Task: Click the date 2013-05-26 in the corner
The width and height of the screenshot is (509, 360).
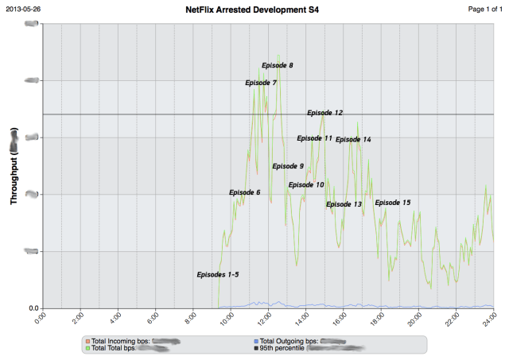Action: point(23,9)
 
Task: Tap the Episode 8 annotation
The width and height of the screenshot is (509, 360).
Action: point(277,65)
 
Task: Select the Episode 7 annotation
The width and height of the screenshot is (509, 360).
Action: point(261,83)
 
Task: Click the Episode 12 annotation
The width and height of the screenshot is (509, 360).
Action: point(324,113)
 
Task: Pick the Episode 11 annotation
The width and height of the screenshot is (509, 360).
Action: point(315,138)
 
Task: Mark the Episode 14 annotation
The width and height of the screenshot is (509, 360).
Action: point(353,140)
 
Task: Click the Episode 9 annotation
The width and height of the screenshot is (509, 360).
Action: point(288,166)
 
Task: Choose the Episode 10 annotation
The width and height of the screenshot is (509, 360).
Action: point(306,184)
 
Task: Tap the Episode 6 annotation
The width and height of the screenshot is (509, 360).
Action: point(244,192)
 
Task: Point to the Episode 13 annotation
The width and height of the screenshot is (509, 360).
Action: point(344,204)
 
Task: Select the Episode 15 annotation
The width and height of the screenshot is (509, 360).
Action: point(393,203)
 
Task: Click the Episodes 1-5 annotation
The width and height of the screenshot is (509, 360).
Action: point(218,274)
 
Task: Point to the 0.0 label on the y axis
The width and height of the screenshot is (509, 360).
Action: point(33,308)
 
